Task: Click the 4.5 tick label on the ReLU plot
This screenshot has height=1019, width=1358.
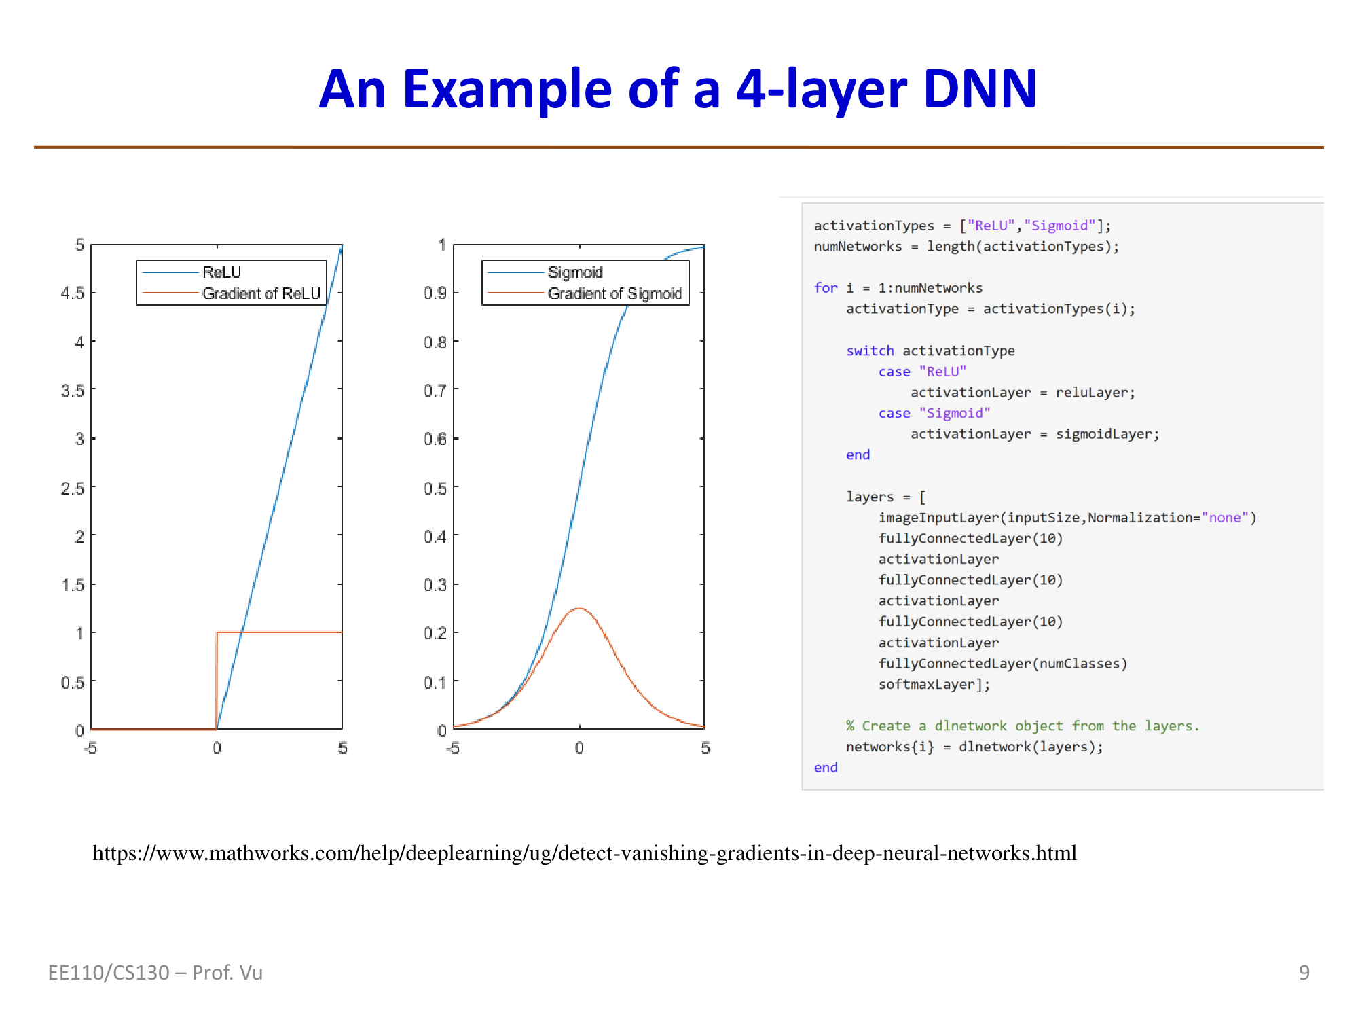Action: (73, 293)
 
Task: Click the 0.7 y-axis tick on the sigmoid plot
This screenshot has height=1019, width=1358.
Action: (435, 390)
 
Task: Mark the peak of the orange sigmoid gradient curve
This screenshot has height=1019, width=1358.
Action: (579, 608)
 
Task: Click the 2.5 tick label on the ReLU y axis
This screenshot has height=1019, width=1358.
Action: (73, 488)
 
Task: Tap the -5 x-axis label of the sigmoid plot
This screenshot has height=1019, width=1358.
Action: (453, 748)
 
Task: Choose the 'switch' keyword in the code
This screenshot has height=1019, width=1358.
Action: (870, 351)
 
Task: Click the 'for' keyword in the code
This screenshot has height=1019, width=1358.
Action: (826, 288)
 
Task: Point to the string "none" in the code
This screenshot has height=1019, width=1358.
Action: (1225, 518)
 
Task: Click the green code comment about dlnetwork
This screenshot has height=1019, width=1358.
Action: (1023, 726)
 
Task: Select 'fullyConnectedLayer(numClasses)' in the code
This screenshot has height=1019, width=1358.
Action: (1003, 664)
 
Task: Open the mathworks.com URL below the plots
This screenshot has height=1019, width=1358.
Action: (585, 853)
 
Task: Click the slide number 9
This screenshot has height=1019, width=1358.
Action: (1304, 973)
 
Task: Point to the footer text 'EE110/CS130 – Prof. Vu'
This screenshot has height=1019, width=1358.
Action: (155, 973)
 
